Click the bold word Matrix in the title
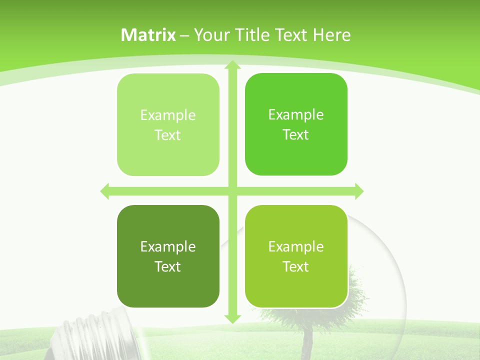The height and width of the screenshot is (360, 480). [148, 35]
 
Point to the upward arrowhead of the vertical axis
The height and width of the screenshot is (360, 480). [232, 65]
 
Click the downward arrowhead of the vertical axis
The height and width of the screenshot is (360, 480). [232, 318]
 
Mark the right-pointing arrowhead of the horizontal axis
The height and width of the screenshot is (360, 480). [358, 191]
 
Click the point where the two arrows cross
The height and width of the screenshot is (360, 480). [232, 191]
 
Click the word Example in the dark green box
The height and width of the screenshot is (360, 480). [168, 246]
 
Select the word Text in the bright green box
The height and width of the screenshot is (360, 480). [296, 134]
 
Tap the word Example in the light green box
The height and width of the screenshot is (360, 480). [168, 115]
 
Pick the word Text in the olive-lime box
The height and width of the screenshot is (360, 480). [296, 266]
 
